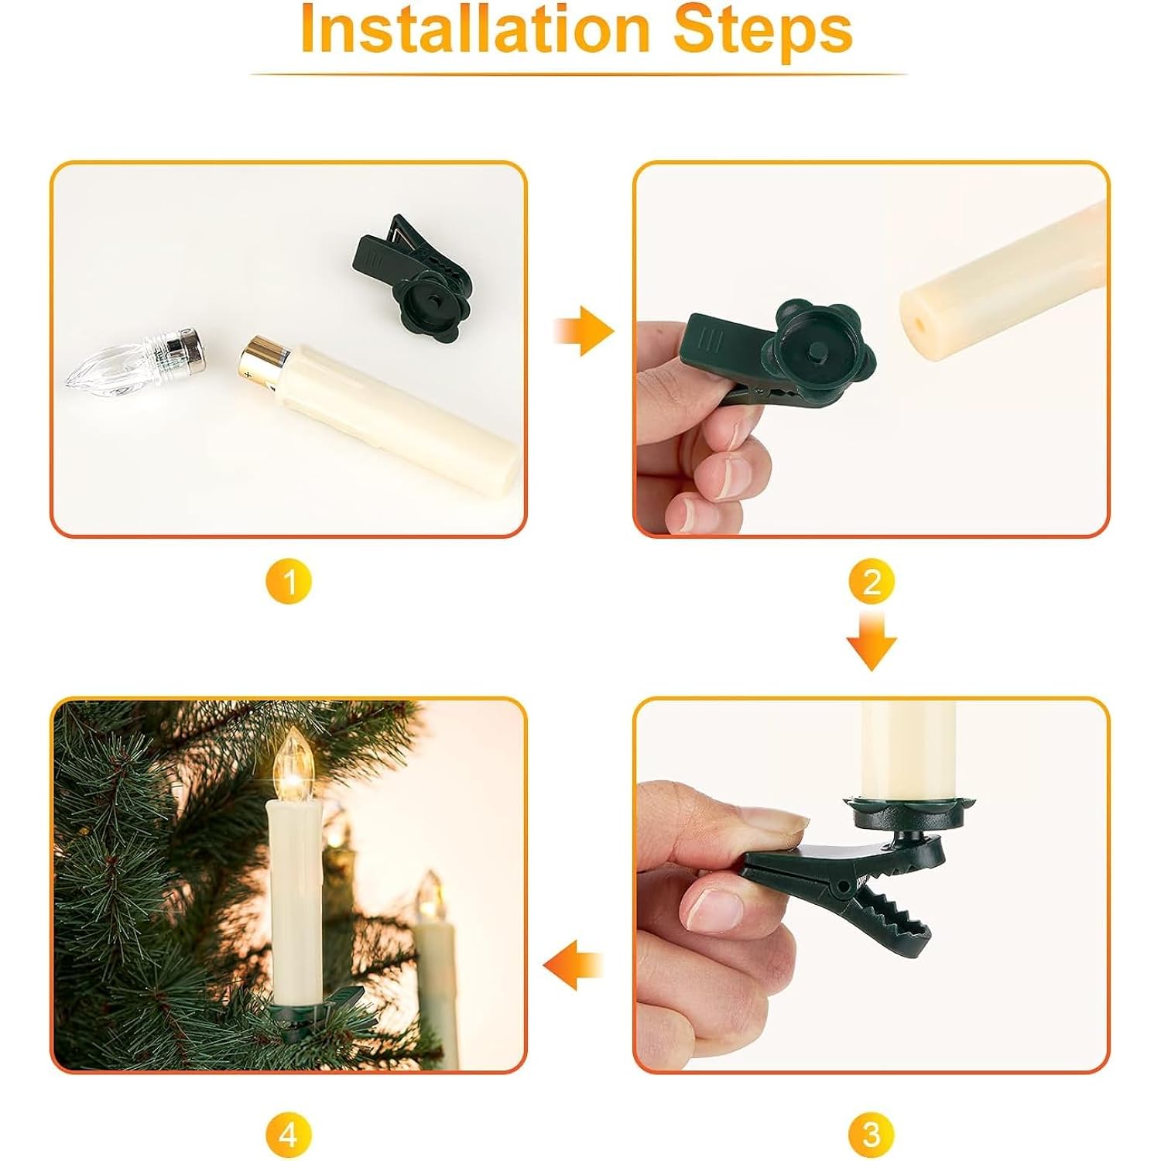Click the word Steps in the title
pyautogui.click(x=763, y=30)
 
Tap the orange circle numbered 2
pyautogui.click(x=872, y=582)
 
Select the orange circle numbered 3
pyautogui.click(x=872, y=1135)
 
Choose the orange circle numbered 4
pyautogui.click(x=288, y=1135)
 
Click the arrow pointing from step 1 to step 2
pyautogui.click(x=585, y=331)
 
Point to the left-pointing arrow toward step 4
pyautogui.click(x=572, y=966)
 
